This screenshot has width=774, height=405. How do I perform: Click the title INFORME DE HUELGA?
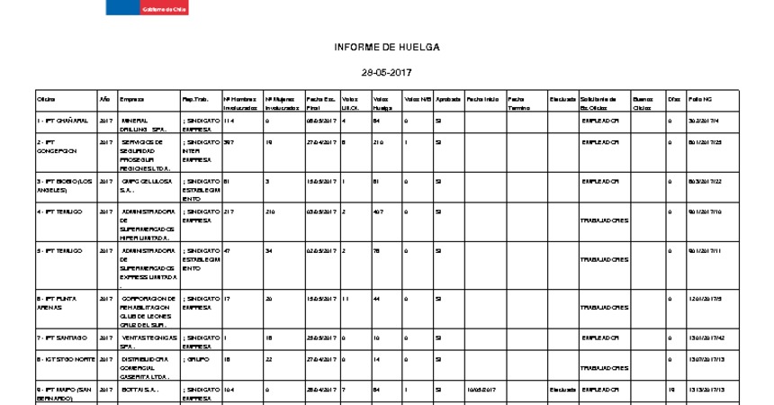(386, 46)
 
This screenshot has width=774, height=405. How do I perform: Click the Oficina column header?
(46, 98)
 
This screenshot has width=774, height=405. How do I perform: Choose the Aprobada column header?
(448, 98)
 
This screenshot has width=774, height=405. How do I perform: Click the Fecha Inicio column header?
(482, 98)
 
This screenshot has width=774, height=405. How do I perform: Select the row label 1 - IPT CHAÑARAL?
(62, 120)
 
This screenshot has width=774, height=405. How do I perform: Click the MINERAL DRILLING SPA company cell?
(144, 124)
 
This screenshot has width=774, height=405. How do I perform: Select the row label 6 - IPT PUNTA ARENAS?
(56, 301)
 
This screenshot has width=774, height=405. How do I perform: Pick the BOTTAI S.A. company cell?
(139, 389)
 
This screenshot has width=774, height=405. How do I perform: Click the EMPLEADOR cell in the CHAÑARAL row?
(600, 120)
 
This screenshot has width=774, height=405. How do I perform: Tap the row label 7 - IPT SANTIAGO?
(61, 337)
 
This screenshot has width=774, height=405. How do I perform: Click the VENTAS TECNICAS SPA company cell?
(148, 341)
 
